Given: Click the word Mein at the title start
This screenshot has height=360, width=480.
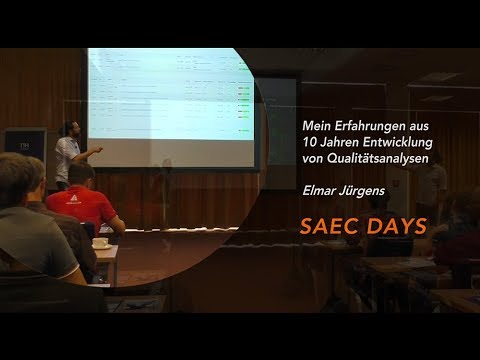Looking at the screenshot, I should pos(316,125).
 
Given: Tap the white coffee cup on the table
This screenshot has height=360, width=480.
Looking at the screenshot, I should pos(100,243).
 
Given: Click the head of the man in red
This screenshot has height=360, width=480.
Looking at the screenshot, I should pos(83,174).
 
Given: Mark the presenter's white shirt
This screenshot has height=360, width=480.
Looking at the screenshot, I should pos(67,155).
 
